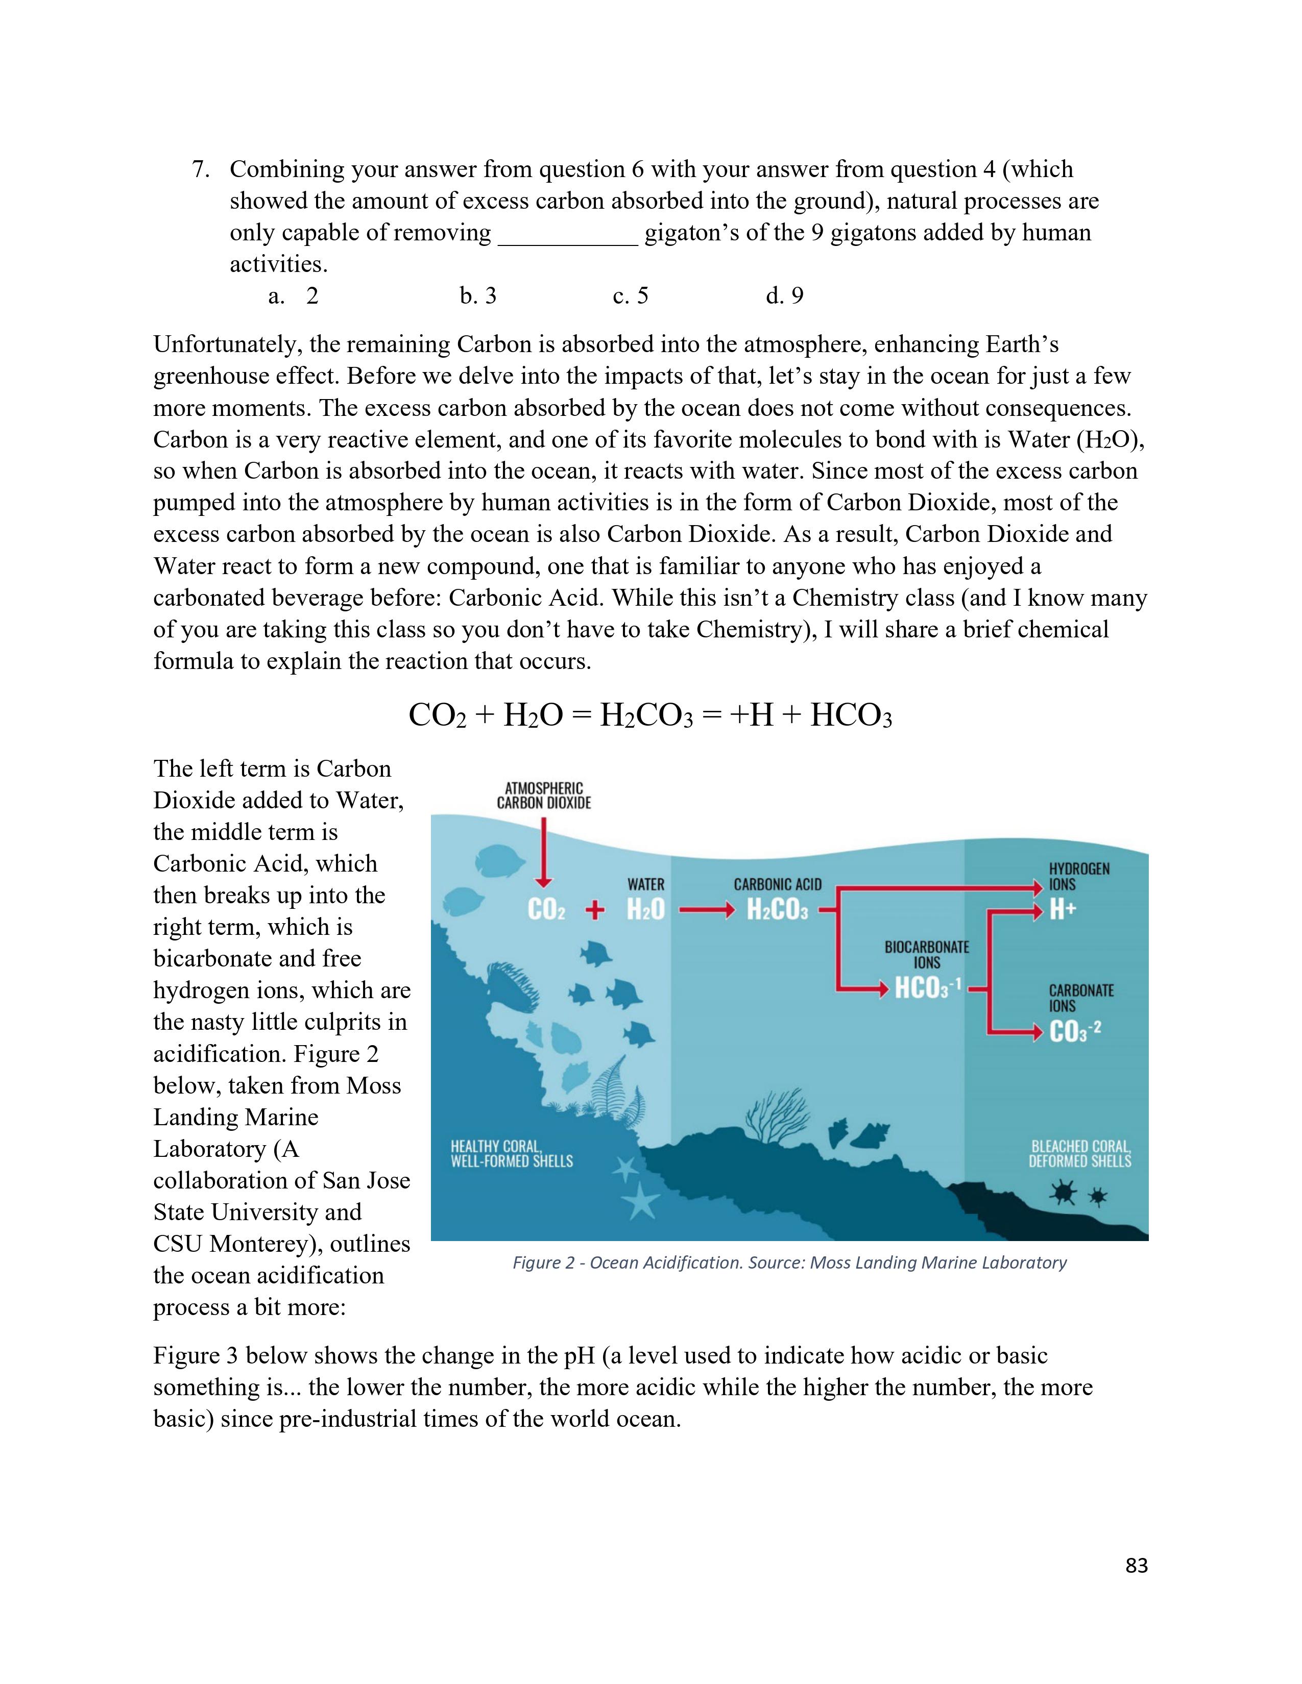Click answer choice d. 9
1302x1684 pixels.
coord(784,296)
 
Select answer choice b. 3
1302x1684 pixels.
coord(478,296)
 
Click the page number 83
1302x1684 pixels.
coord(1136,1565)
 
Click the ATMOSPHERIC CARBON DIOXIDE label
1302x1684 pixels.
coord(544,795)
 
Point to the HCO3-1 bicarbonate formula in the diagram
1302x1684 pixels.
coord(926,988)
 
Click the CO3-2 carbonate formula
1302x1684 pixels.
coord(1074,1031)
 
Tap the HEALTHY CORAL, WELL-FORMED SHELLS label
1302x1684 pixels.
coord(512,1153)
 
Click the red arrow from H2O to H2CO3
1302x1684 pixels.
coord(705,910)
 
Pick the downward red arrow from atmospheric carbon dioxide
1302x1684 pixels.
coord(545,853)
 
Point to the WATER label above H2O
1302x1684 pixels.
coord(645,884)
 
